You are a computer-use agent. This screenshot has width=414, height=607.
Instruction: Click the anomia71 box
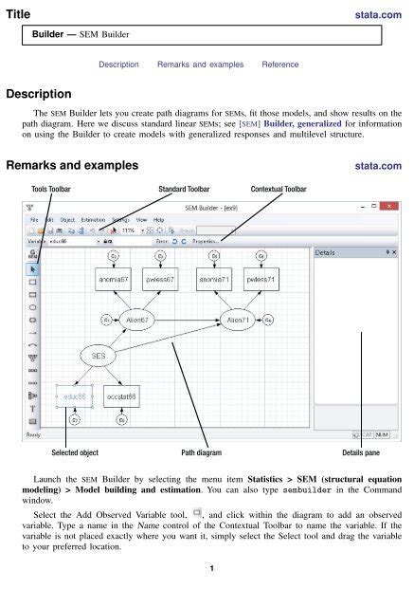pos(213,281)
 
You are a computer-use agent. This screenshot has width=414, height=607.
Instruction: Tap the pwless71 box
pos(261,281)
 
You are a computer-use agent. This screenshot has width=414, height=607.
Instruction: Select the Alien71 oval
pos(236,320)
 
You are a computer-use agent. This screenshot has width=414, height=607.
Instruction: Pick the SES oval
pos(99,355)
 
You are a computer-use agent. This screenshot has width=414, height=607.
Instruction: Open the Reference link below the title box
pos(281,64)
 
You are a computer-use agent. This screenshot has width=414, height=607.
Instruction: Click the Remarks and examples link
pos(200,64)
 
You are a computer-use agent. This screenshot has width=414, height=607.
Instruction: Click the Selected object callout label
pos(77,452)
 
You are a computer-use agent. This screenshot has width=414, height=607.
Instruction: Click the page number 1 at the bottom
pos(207,595)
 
